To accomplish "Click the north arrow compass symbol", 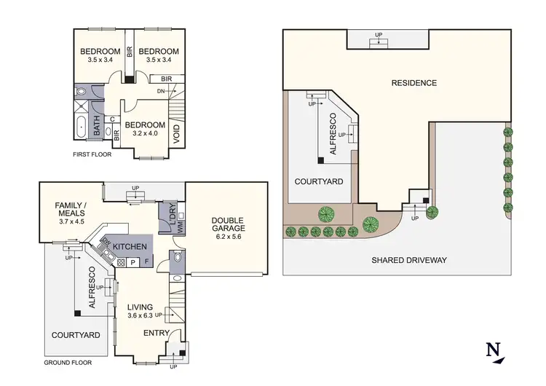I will pyautogui.click(x=495, y=350).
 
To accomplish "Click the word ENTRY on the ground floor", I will pyautogui.click(x=157, y=333).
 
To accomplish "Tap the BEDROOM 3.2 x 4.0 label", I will pyautogui.click(x=146, y=128).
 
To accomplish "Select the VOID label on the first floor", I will pyautogui.click(x=176, y=134).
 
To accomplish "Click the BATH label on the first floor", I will pyautogui.click(x=98, y=128).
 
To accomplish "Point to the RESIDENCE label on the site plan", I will pyautogui.click(x=414, y=83).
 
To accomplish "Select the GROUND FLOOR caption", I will pyautogui.click(x=67, y=362).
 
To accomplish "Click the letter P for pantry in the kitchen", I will pyautogui.click(x=133, y=261).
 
